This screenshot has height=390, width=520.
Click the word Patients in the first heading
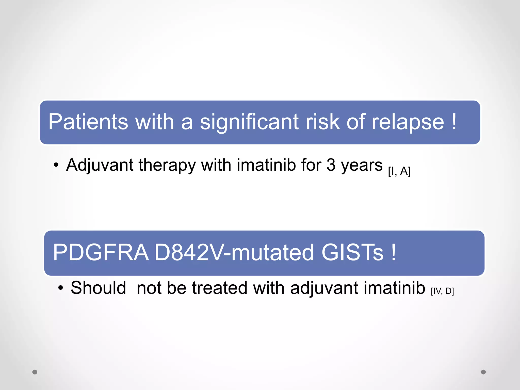point(88,122)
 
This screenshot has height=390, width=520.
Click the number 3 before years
point(331,165)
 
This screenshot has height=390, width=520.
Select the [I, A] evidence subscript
point(399,171)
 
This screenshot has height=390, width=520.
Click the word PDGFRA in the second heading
point(101,253)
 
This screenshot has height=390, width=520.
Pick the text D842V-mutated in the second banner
point(234,253)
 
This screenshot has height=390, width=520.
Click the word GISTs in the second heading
point(352,253)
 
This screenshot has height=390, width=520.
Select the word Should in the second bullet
point(98,288)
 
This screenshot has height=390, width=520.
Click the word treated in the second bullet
point(220,288)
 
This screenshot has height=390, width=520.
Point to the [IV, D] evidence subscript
point(442,291)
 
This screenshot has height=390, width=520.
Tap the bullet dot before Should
point(60,288)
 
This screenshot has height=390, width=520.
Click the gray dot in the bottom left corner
point(35,372)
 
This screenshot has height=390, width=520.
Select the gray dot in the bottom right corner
point(483,372)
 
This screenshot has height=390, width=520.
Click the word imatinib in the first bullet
point(266,165)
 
